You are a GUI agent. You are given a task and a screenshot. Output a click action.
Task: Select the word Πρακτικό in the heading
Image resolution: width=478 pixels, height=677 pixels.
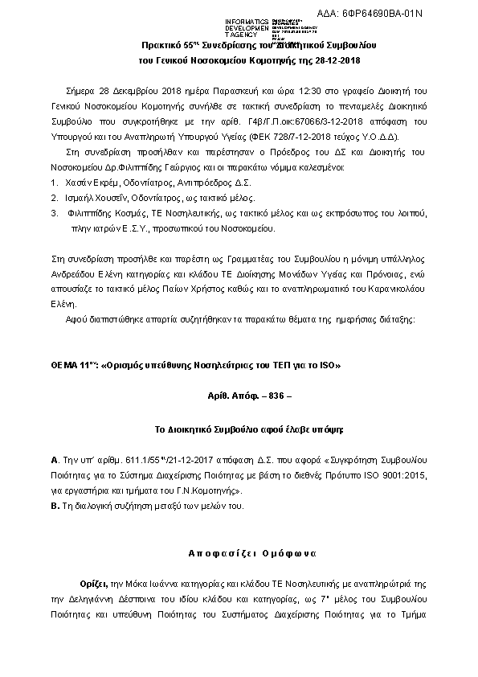161,47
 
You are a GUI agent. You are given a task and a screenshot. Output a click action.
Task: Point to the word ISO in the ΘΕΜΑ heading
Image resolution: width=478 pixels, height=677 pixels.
328,365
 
